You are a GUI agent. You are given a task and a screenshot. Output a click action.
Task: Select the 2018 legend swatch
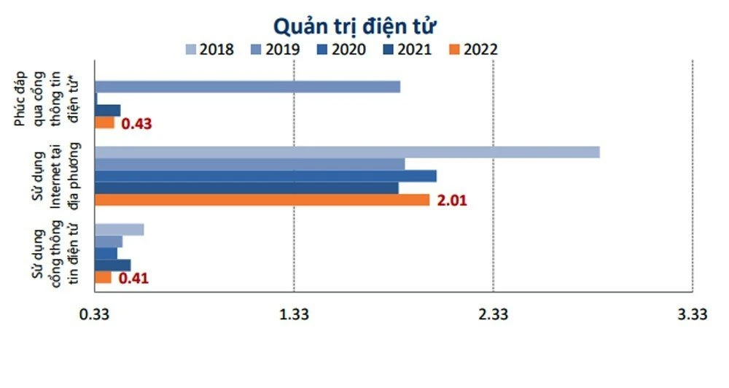click(x=191, y=50)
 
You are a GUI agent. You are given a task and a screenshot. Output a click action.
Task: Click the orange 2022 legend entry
click(x=474, y=50)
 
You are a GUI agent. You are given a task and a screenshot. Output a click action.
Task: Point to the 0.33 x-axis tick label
click(x=94, y=314)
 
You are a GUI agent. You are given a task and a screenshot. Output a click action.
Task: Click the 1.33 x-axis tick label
click(x=294, y=314)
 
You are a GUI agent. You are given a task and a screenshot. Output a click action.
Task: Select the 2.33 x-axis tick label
click(x=494, y=314)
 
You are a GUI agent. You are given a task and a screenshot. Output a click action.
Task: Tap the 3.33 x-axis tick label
click(x=692, y=314)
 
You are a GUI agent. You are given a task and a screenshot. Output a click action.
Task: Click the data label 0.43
click(x=136, y=123)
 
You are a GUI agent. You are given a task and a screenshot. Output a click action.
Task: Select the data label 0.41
click(x=133, y=278)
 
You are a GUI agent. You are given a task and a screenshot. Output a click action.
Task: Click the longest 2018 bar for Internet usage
click(x=347, y=152)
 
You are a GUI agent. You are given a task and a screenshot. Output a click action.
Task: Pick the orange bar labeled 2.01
click(x=262, y=200)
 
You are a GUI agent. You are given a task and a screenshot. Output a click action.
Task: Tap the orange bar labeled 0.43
click(x=105, y=123)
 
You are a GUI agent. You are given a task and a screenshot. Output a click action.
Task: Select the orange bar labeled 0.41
click(x=104, y=277)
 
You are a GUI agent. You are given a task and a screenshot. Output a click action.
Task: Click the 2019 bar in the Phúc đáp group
click(x=247, y=87)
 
